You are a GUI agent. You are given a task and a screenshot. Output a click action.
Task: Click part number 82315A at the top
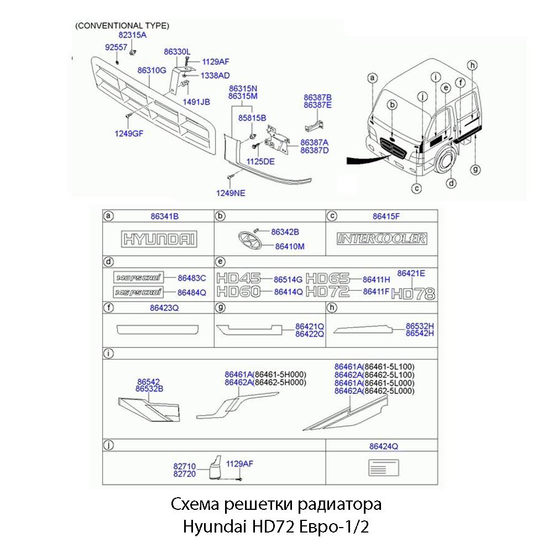coord(133,35)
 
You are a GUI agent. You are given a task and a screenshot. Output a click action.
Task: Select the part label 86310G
coord(152,70)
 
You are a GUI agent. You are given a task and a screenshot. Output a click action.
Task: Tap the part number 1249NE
coord(231,193)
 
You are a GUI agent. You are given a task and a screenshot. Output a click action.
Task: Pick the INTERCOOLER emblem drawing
coord(382,238)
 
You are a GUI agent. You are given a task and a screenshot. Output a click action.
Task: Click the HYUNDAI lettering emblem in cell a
coord(159,239)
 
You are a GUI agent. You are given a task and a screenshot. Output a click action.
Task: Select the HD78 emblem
coord(413,294)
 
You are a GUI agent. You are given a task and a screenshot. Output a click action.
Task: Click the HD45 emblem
coord(238,279)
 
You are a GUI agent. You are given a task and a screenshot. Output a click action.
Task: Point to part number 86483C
coord(191,278)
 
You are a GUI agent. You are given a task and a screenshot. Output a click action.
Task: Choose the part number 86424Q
coord(384,445)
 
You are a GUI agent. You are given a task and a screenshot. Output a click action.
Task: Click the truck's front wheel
coord(445,160)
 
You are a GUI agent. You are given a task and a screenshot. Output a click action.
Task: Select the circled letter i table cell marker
coord(109,353)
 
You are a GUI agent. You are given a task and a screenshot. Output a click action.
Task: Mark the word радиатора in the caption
coord(339,504)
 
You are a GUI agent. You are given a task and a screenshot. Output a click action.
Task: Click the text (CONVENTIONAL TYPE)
coord(122,25)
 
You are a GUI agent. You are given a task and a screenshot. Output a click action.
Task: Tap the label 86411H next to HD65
coord(376,279)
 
